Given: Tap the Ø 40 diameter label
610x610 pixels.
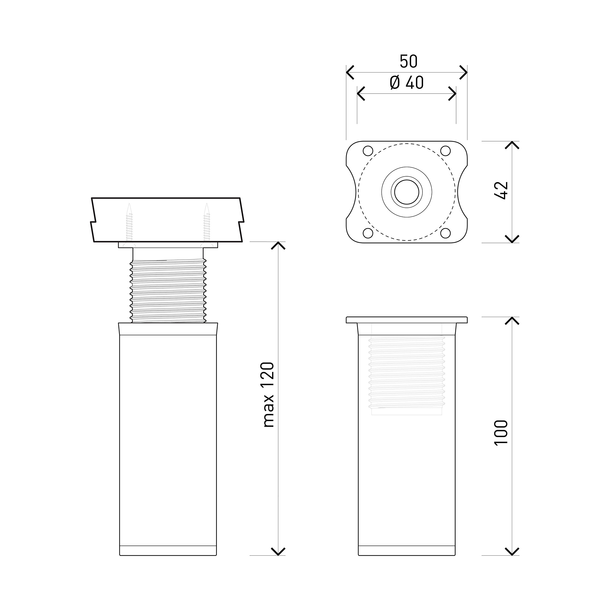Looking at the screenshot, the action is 407,83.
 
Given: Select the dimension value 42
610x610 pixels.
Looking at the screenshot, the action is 501,190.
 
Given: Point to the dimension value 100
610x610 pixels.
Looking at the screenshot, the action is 501,432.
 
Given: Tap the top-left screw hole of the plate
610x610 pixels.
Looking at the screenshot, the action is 368,151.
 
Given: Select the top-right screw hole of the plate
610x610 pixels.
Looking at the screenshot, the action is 445,151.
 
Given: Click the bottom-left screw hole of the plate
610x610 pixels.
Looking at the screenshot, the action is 368,233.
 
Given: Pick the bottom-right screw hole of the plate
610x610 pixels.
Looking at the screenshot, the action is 445,233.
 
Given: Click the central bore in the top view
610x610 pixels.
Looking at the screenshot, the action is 407,192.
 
